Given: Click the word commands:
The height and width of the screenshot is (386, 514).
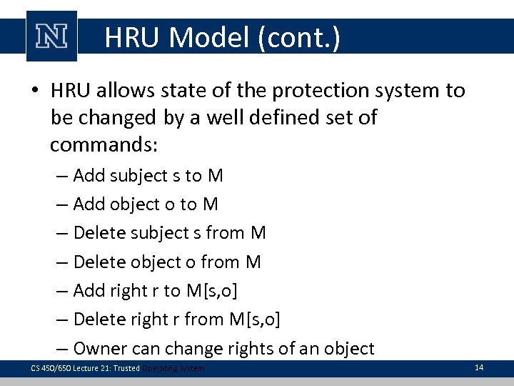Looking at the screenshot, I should point(104,145).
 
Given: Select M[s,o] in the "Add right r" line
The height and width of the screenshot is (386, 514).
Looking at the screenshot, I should point(212,291).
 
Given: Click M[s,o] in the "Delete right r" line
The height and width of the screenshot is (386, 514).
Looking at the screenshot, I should point(253,320).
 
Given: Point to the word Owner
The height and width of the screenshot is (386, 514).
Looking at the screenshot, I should point(100,349).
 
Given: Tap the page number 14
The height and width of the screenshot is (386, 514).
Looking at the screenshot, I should point(478,367).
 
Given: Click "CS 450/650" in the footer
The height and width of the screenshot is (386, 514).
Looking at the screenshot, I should point(46,368).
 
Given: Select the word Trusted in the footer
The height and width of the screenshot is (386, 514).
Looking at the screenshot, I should point(125,368).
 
